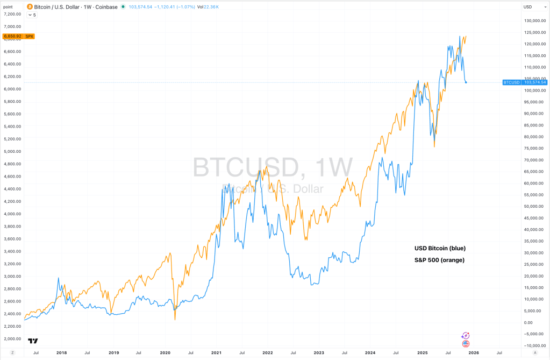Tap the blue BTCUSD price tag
coord(524,82)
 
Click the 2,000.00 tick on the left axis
coord(12,339)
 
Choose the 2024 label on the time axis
coord(369,352)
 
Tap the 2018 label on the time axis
coord(61,352)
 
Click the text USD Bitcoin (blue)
coord(440,248)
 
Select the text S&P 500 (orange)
coord(439,260)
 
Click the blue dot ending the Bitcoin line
coord(466,82)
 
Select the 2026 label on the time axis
coord(473,352)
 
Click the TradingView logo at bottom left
coord(33,340)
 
